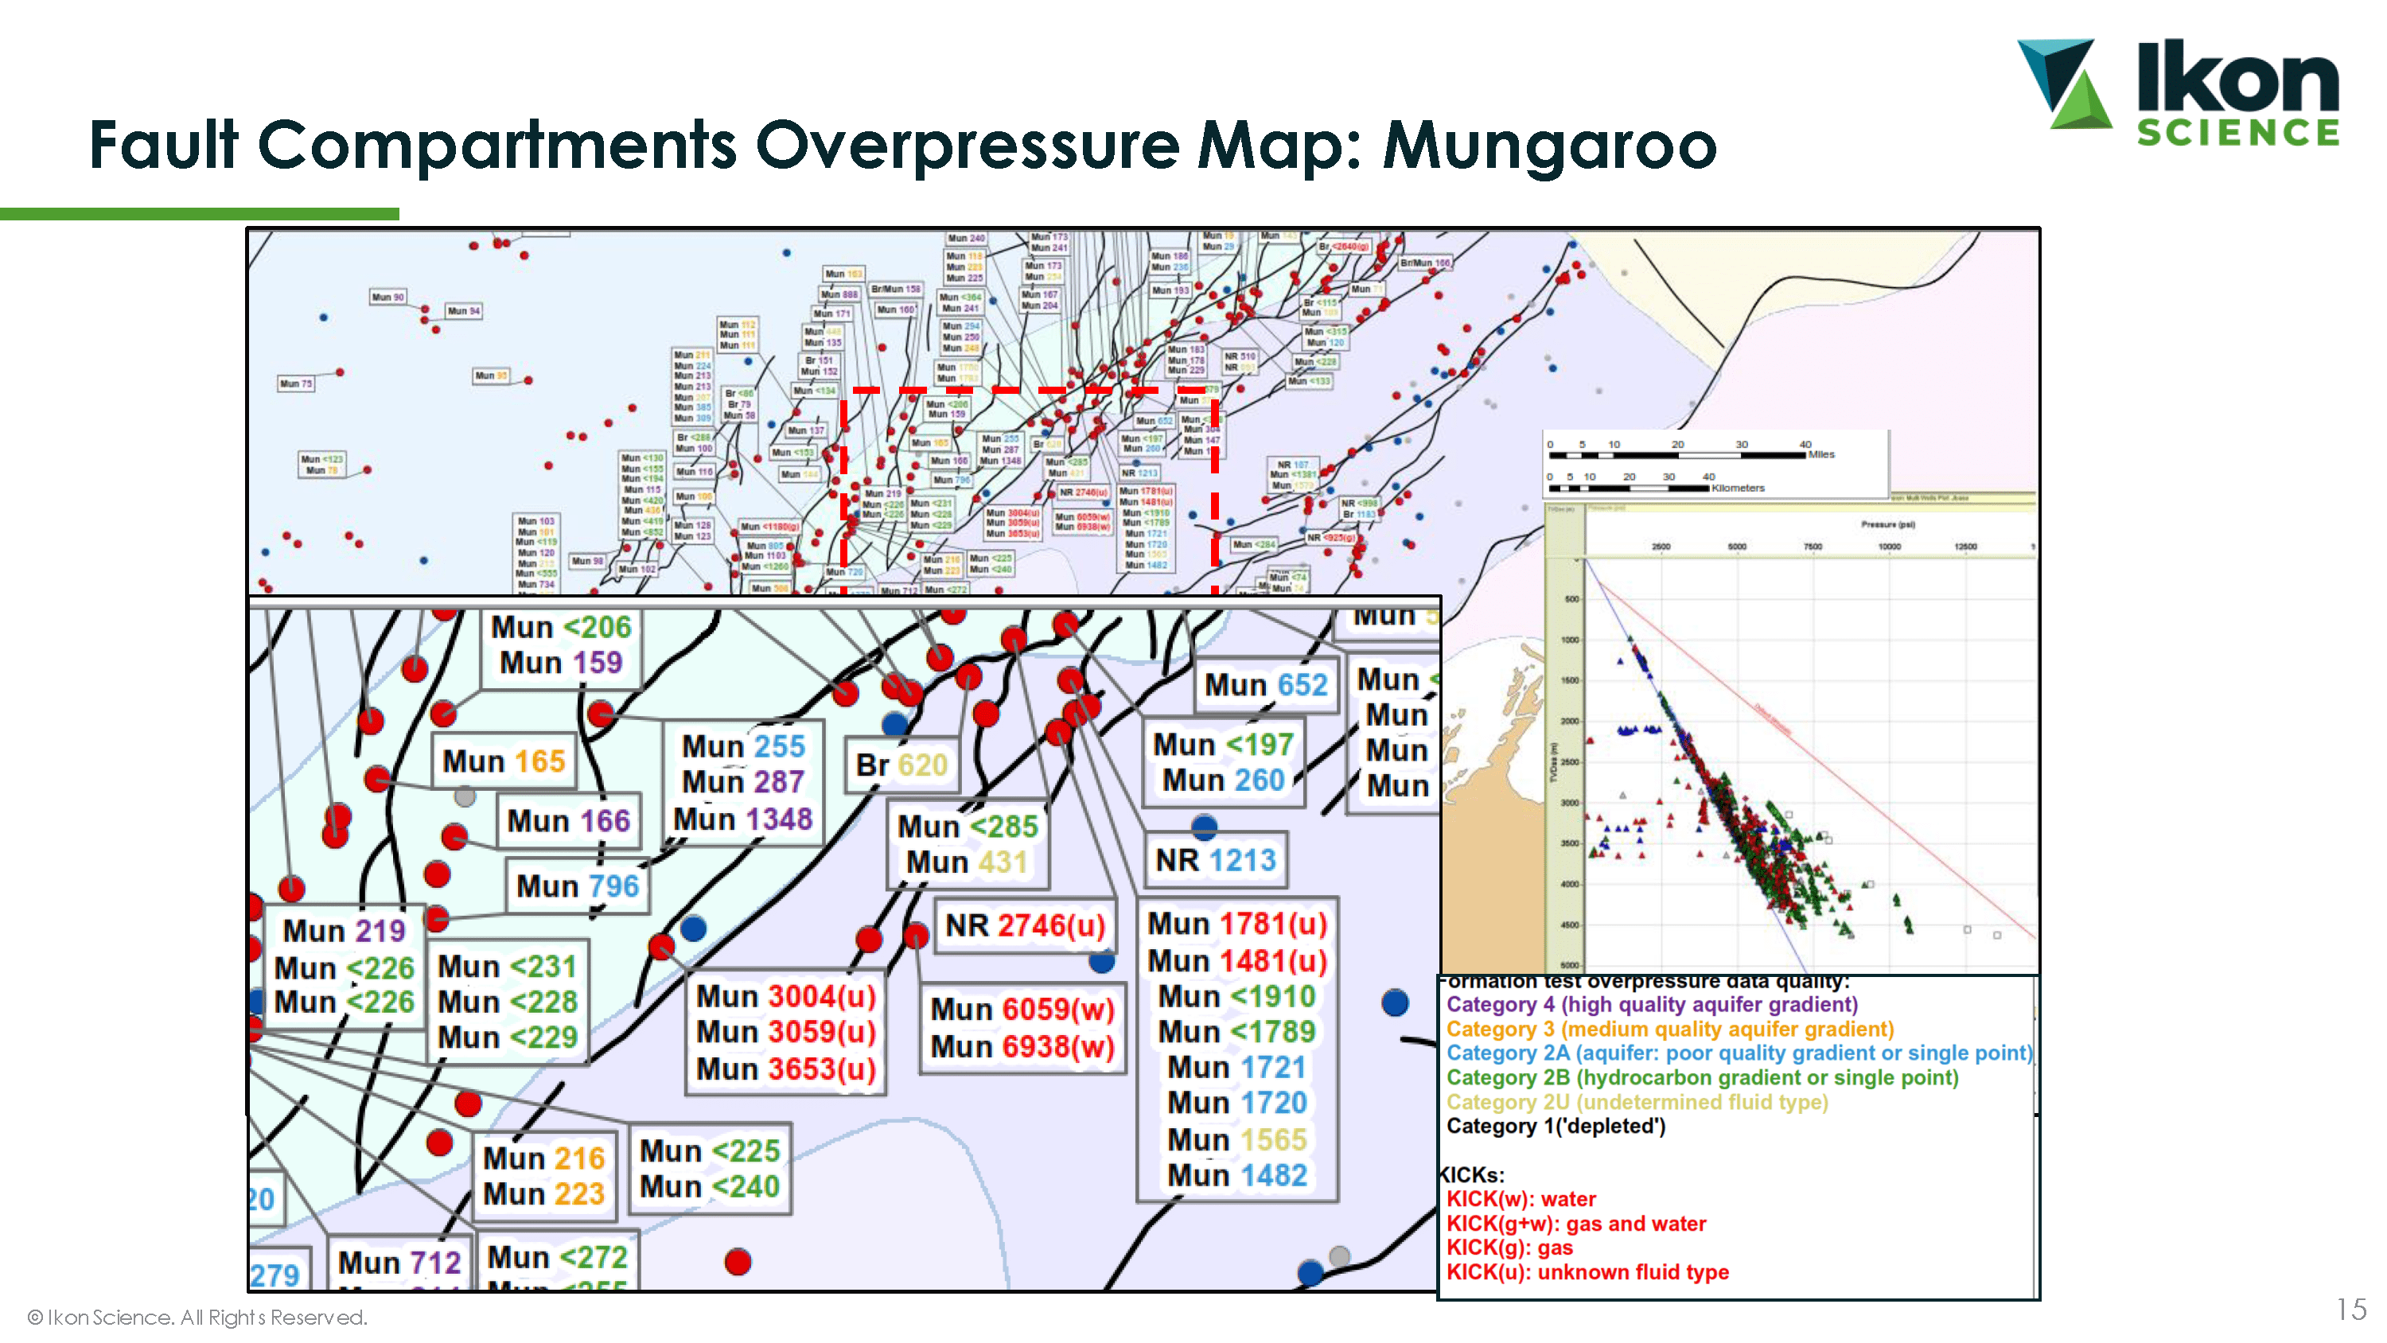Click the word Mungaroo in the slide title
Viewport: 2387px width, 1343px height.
tap(1548, 146)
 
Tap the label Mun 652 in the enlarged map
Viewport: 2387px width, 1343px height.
tap(1265, 685)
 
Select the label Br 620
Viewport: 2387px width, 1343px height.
tap(901, 765)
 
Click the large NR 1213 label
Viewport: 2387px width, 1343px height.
tap(1215, 860)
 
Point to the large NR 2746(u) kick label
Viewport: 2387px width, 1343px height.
tap(1024, 925)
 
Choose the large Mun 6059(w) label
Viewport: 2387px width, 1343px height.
tap(1022, 1010)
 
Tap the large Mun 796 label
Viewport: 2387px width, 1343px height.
tap(578, 886)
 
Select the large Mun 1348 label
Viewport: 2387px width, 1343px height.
tap(742, 819)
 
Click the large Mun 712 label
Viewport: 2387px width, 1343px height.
tap(399, 1263)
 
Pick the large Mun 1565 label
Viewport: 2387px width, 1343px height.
tap(1236, 1139)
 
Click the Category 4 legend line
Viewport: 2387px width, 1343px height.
tap(1651, 1005)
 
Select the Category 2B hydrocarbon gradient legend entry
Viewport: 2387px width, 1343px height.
tap(1701, 1078)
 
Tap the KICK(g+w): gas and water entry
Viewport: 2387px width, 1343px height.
tap(1575, 1224)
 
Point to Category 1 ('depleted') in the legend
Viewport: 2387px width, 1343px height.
tap(1555, 1126)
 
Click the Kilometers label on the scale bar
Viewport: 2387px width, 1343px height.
tap(1738, 489)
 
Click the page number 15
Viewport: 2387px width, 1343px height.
tap(2351, 1310)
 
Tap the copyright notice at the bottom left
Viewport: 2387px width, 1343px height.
tap(197, 1317)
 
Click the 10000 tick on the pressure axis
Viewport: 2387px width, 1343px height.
tap(1888, 547)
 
